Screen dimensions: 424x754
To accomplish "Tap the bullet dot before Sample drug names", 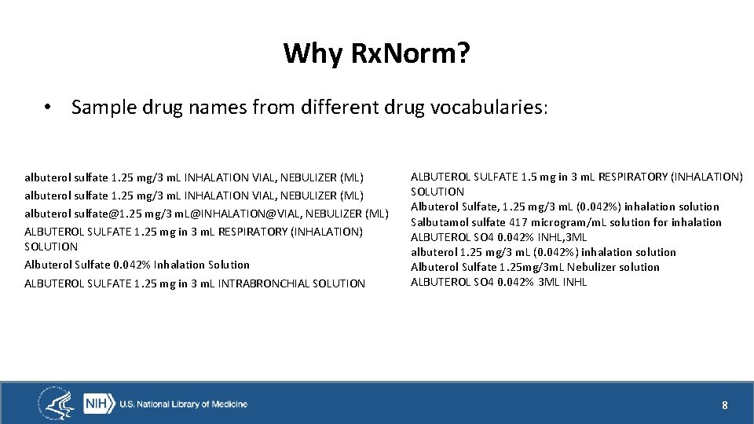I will pos(49,108).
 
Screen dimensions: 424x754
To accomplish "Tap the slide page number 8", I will pos(725,405).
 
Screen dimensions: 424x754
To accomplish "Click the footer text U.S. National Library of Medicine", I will pos(183,404).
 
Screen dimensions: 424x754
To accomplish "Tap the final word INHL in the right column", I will pos(573,282).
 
